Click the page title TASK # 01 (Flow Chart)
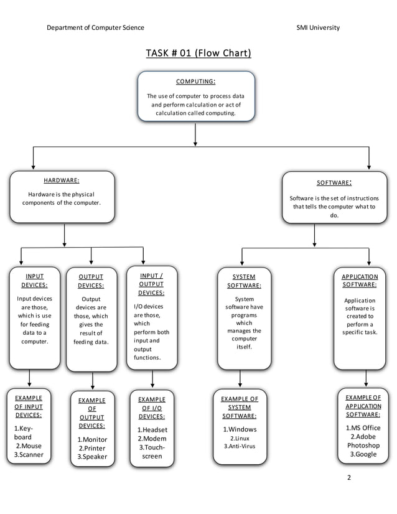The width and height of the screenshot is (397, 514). [198, 53]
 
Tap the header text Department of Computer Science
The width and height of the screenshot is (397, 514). [95, 27]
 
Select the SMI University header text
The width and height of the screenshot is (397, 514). [318, 27]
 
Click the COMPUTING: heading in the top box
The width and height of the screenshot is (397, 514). [195, 82]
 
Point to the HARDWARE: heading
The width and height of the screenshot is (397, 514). [61, 180]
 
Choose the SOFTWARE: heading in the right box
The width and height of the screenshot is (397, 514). [334, 183]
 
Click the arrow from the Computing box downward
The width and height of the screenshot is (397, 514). [195, 133]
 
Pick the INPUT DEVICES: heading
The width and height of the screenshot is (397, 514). [35, 281]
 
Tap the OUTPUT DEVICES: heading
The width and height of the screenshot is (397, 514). [91, 281]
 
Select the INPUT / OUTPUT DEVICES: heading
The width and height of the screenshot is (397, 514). [151, 284]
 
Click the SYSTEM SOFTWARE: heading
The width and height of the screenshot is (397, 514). [243, 281]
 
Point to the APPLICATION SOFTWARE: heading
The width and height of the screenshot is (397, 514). [360, 281]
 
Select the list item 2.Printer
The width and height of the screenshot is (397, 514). [91, 448]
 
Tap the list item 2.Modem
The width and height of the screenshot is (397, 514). [152, 439]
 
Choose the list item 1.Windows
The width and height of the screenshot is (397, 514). [240, 429]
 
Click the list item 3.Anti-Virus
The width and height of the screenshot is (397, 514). [240, 446]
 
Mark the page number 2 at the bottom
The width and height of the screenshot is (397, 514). [349, 478]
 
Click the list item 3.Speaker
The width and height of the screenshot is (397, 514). [92, 457]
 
